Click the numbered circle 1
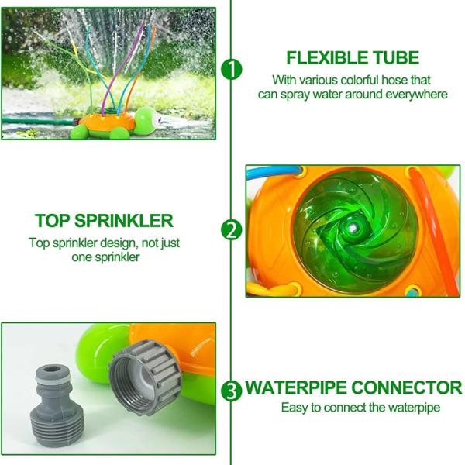point(231,70)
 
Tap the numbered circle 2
point(231,230)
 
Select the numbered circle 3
point(231,391)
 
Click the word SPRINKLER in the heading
point(124,221)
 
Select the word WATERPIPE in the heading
point(296,387)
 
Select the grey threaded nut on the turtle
point(146,377)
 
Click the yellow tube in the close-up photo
point(273,289)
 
